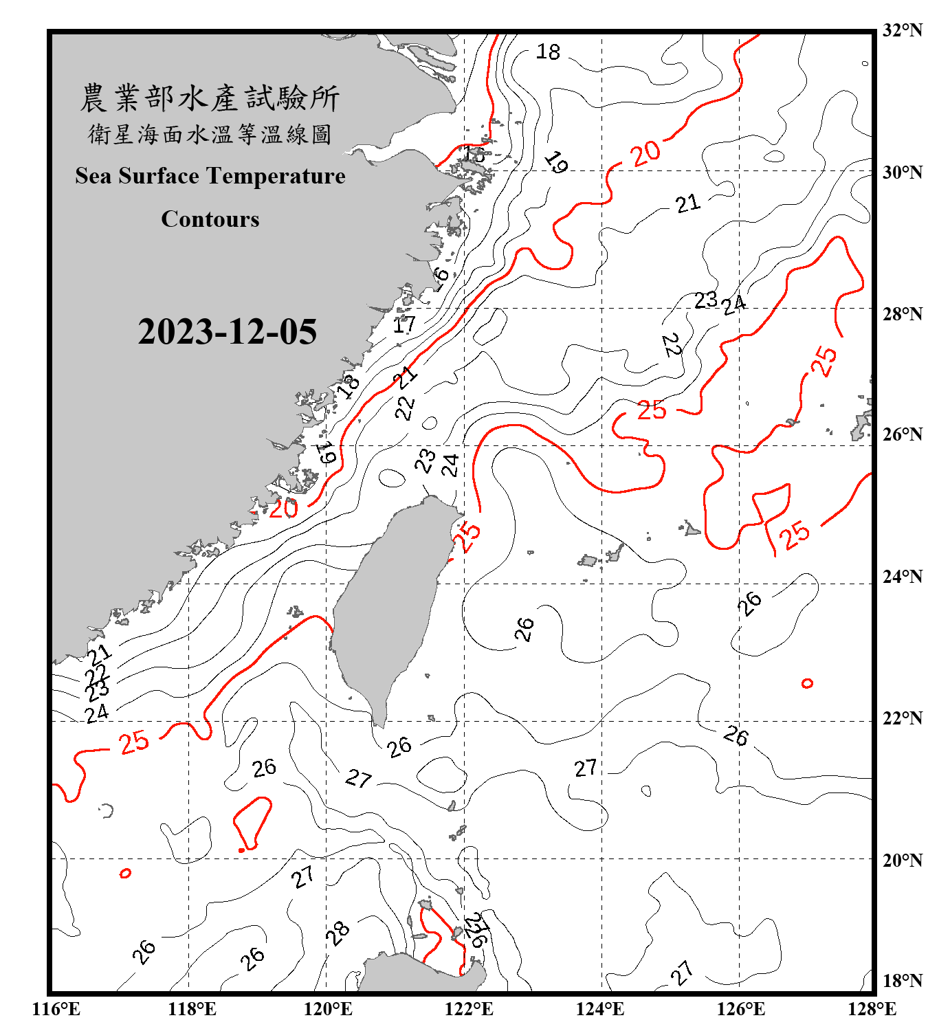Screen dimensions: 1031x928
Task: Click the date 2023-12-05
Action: [x=227, y=332]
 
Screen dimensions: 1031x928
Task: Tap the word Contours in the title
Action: [x=210, y=219]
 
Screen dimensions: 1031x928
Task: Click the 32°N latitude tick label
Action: [x=902, y=30]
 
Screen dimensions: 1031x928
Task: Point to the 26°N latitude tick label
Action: [x=902, y=434]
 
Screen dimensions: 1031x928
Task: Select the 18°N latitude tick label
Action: [x=902, y=981]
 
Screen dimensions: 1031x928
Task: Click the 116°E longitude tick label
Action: [x=56, y=1009]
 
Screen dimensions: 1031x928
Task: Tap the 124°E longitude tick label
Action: [x=600, y=1009]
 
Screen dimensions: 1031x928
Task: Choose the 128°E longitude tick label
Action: [x=872, y=1009]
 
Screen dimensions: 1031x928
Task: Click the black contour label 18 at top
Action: [x=548, y=52]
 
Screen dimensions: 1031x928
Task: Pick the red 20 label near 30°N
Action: [x=645, y=153]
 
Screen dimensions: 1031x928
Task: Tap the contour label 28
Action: [x=338, y=933]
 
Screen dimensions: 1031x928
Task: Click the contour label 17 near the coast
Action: [x=404, y=324]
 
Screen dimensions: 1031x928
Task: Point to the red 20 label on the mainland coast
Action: [x=283, y=509]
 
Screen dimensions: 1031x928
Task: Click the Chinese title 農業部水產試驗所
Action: [x=210, y=98]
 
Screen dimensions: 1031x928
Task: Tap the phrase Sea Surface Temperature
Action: [x=210, y=176]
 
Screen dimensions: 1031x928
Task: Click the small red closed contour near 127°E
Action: [x=807, y=683]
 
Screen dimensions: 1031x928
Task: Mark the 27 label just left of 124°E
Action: [x=586, y=768]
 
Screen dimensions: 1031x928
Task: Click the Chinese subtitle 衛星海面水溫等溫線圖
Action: [x=210, y=135]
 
